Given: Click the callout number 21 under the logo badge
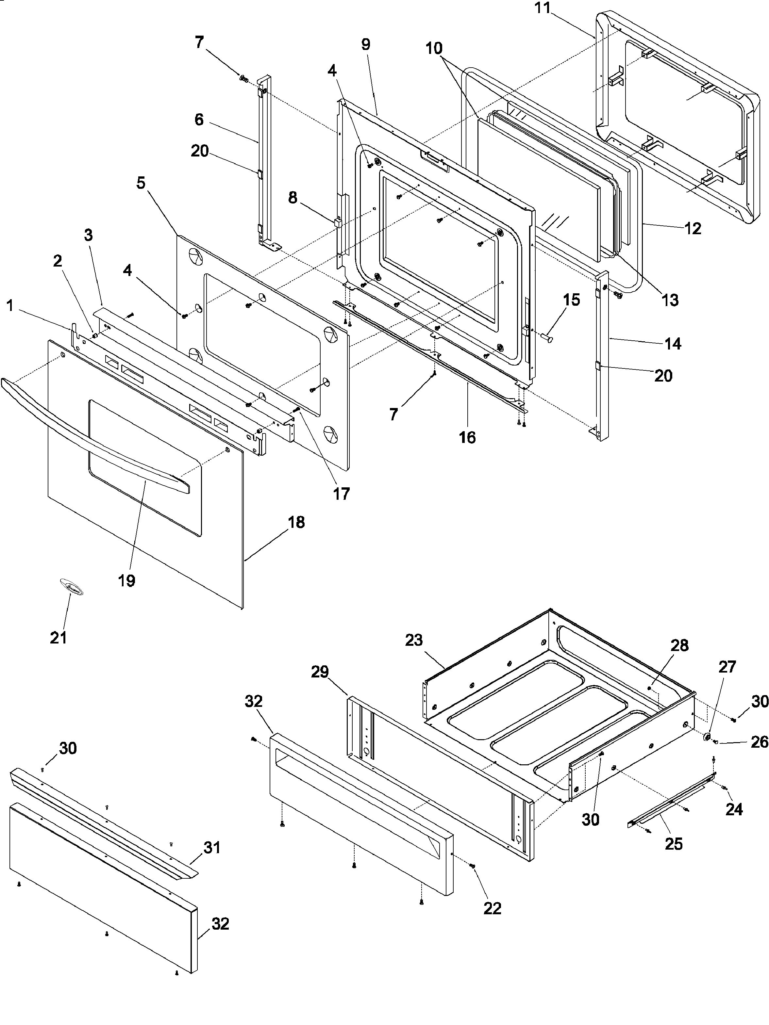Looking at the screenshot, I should (59, 638).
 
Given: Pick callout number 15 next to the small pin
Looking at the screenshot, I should (572, 300).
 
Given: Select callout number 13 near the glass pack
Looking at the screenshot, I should (670, 300).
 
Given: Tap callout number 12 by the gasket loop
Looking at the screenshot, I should (693, 228).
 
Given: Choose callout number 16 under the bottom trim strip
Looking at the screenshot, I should (467, 437).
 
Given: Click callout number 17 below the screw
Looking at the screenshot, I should (341, 494).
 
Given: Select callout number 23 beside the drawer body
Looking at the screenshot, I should (414, 641).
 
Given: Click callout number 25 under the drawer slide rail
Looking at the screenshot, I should (674, 844).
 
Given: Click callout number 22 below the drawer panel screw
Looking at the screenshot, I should (492, 909).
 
